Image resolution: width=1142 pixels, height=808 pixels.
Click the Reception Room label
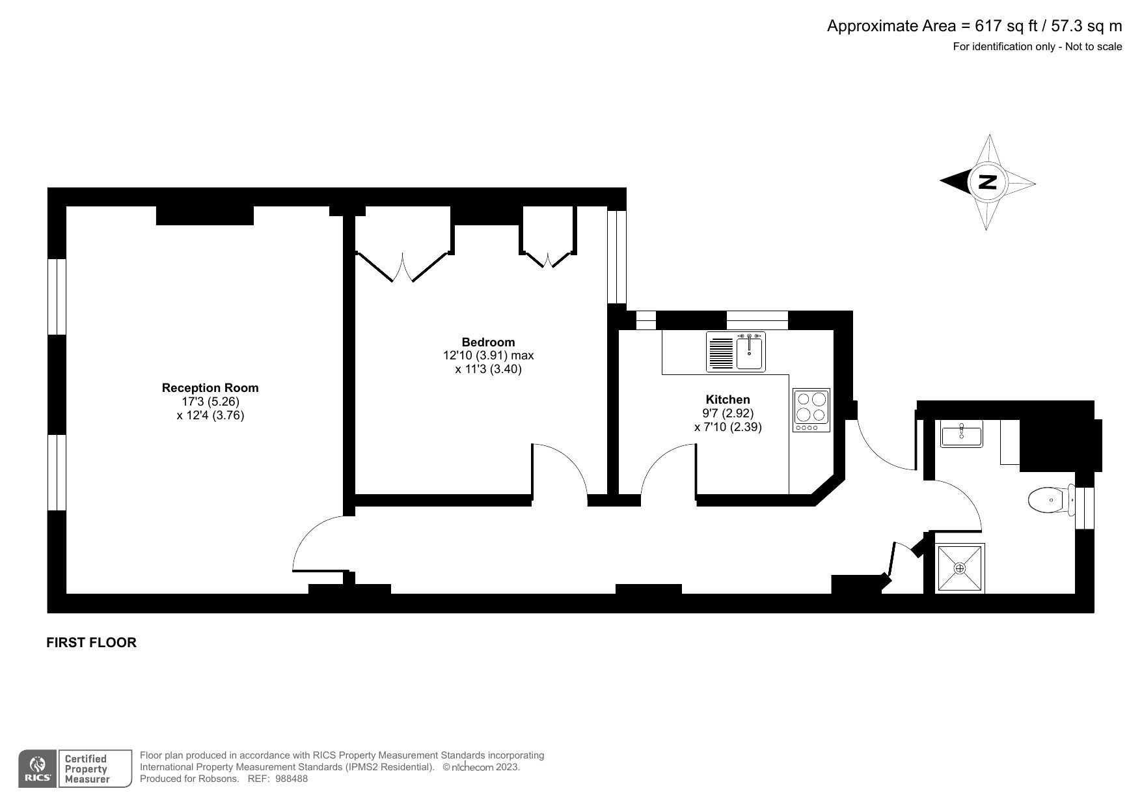pyautogui.click(x=210, y=387)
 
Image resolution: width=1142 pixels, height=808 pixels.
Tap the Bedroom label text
pyautogui.click(x=488, y=342)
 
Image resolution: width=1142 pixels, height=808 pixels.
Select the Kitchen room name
pyautogui.click(x=727, y=399)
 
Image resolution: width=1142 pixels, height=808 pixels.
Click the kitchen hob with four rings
pyautogui.click(x=811, y=410)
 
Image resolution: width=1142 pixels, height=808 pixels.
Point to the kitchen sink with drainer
pyautogui.click(x=736, y=352)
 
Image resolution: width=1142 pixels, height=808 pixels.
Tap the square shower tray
pyautogui.click(x=960, y=568)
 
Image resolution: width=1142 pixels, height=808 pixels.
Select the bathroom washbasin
pyautogui.click(x=961, y=434)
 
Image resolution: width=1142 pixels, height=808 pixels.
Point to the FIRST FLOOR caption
pyautogui.click(x=92, y=643)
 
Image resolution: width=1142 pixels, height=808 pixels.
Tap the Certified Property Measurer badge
pyautogui.click(x=85, y=768)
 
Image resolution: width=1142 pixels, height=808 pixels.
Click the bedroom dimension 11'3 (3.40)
pyautogui.click(x=488, y=369)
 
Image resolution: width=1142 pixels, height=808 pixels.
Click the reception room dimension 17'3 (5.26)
pyautogui.click(x=210, y=402)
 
